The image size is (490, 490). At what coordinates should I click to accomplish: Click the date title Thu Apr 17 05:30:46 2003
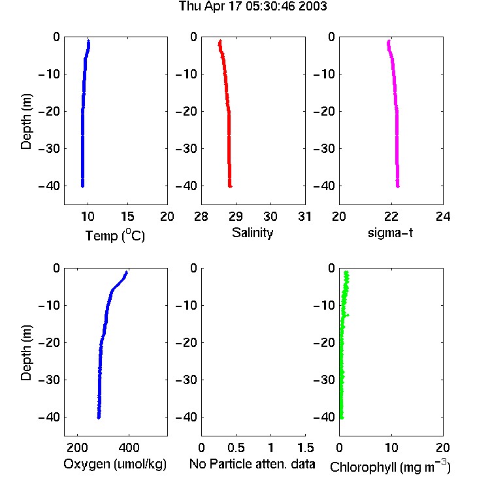(x=253, y=7)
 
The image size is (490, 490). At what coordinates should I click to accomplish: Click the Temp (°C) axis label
(x=115, y=235)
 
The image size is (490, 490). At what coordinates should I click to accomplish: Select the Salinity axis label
(x=252, y=233)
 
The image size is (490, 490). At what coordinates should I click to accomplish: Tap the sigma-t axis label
(x=390, y=233)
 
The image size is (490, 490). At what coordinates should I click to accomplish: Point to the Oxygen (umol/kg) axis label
(x=115, y=465)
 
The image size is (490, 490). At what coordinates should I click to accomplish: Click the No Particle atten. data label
(x=252, y=464)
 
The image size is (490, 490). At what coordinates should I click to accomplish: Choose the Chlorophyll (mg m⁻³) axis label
(x=390, y=466)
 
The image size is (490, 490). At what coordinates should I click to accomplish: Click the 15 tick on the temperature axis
(x=127, y=216)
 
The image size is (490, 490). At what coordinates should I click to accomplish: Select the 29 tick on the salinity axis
(x=236, y=216)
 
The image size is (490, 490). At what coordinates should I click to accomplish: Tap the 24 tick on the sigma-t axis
(x=443, y=216)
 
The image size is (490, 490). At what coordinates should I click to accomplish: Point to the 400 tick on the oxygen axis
(x=129, y=448)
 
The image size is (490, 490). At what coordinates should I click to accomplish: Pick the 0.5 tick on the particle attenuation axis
(x=237, y=448)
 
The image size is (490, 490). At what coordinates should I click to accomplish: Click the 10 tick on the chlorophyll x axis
(x=391, y=448)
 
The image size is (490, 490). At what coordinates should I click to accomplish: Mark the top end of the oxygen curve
(x=127, y=272)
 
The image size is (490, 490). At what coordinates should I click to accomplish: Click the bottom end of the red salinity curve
(x=231, y=187)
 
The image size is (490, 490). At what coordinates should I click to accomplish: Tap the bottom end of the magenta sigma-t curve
(x=398, y=187)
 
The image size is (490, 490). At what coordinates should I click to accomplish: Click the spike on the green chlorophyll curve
(x=348, y=315)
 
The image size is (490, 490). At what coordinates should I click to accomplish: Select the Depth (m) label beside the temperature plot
(x=26, y=122)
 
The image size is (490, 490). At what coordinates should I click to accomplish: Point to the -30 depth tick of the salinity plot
(x=186, y=148)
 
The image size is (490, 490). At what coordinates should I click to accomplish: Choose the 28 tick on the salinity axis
(x=201, y=216)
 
